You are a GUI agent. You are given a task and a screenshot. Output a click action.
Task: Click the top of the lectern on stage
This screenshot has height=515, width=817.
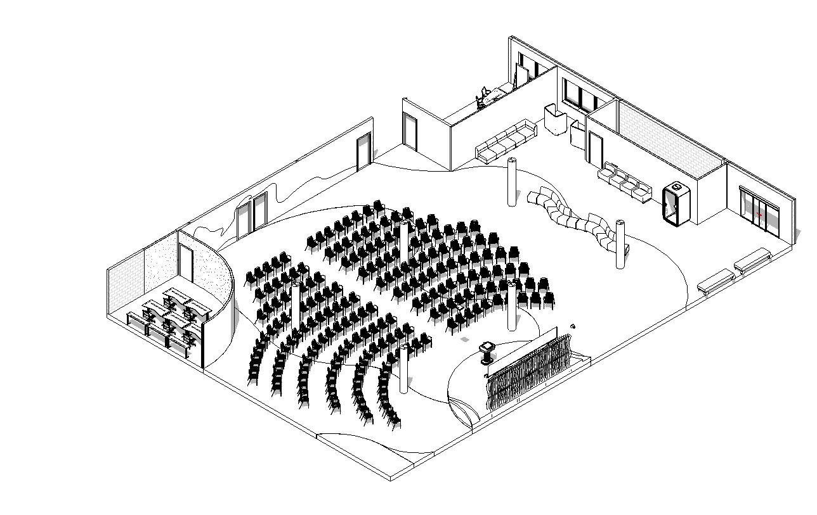coord(487,345)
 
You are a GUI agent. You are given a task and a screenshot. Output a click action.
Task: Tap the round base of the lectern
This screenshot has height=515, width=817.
coord(487,362)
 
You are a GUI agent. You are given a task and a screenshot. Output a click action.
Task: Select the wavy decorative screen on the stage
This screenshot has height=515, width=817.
coord(530,371)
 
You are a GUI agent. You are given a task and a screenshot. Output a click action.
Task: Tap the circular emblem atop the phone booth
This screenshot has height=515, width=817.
coord(676,186)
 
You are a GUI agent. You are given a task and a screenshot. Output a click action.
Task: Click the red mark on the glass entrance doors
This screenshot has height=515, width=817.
coord(759,215)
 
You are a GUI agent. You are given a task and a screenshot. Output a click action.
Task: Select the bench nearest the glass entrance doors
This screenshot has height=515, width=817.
coord(752,259)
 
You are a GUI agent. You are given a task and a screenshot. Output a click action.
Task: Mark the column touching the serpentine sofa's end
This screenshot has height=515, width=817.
coord(620,244)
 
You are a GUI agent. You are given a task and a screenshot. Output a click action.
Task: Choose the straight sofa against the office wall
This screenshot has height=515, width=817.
coord(506,141)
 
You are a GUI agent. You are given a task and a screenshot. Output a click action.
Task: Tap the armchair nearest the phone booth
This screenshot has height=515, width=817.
coord(642,189)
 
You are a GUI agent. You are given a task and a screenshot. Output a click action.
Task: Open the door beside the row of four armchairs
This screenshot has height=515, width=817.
coord(595,149)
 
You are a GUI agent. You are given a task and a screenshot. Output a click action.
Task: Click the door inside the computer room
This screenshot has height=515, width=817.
coord(186,264)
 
